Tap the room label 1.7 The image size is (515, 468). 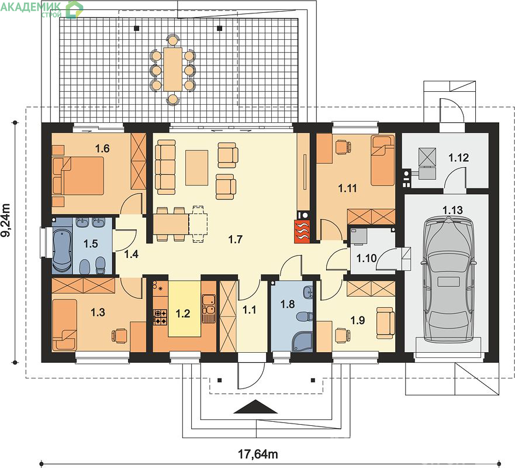coord(235,239)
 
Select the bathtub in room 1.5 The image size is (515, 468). coord(62,249)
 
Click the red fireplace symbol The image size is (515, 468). coord(302,232)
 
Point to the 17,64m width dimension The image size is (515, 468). coord(258,454)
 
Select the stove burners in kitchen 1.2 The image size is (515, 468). coord(161,317)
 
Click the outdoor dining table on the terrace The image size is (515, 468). coord(173,69)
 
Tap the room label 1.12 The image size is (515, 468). coord(458,158)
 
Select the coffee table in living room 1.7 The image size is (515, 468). coord(197,168)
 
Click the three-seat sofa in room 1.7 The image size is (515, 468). coord(165,167)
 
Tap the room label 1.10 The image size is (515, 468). coord(366,259)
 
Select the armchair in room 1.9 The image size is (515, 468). coord(385,323)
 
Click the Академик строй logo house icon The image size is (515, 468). coord(74,9)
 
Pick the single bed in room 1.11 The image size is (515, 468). coord(383,161)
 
